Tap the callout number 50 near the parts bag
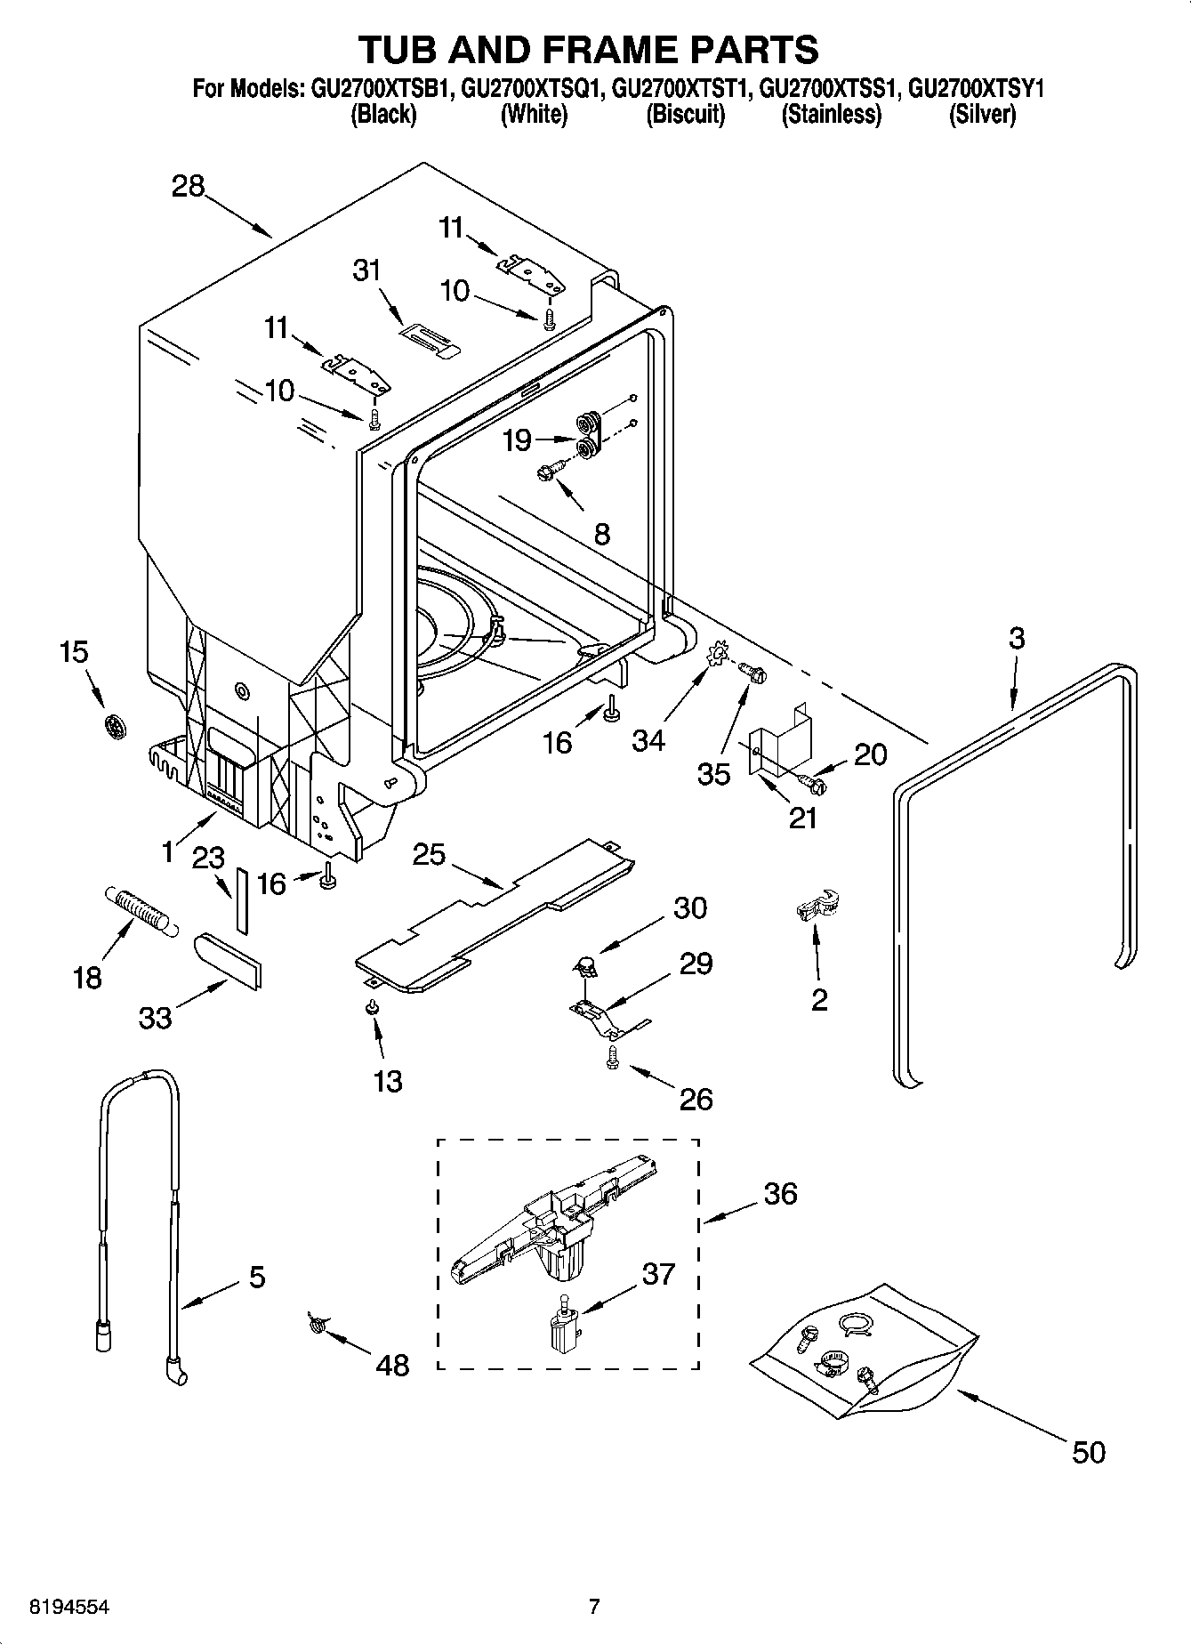tap(1088, 1452)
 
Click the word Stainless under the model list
tap(831, 115)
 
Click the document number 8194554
tap(70, 1607)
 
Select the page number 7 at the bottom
tap(594, 1607)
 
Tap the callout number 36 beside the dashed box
tap(780, 1193)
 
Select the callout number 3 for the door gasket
tap(1016, 638)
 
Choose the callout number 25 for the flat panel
tap(429, 854)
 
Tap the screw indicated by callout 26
tap(612, 1056)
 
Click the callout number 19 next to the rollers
tap(517, 439)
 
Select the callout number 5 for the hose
tap(256, 1278)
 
